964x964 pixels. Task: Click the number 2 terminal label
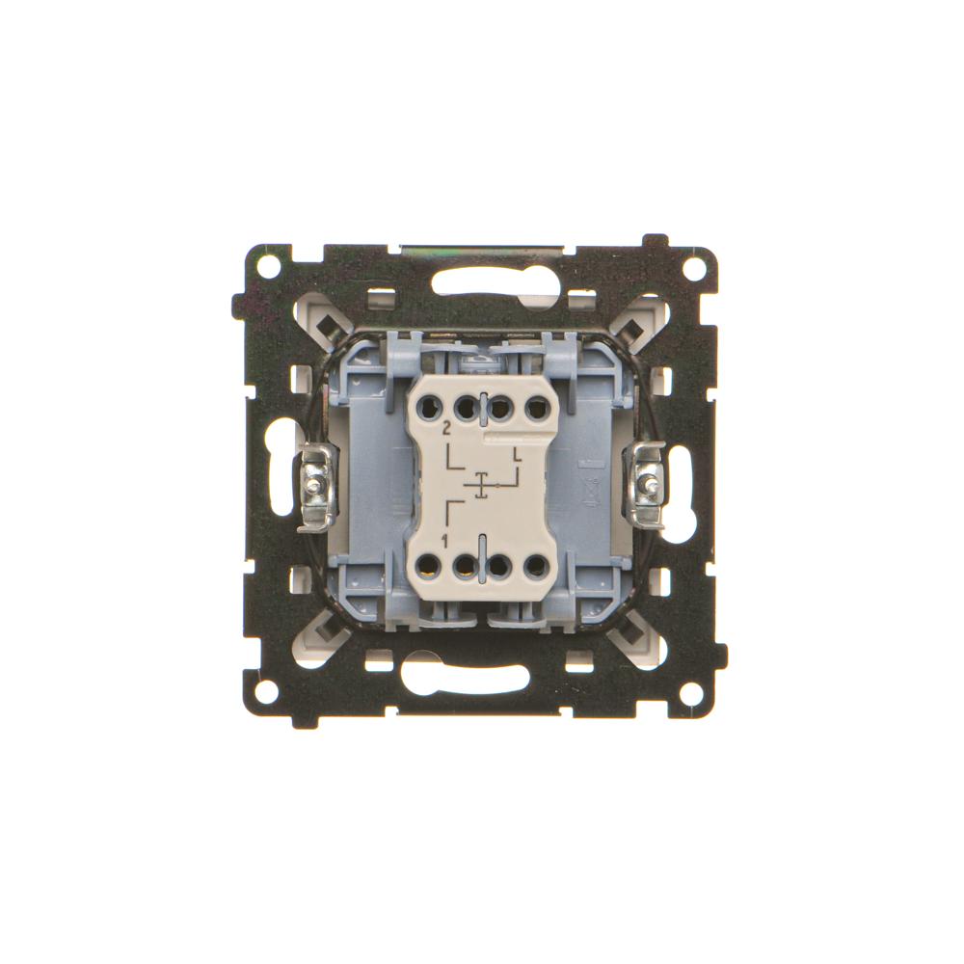pyautogui.click(x=447, y=429)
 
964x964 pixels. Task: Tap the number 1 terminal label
pyautogui.click(x=443, y=541)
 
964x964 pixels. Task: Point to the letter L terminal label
pyautogui.click(x=518, y=455)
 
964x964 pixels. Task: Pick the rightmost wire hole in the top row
pyautogui.click(x=536, y=407)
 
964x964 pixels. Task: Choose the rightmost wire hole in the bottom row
pyautogui.click(x=536, y=564)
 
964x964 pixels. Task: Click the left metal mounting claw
pyautogui.click(x=317, y=487)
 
